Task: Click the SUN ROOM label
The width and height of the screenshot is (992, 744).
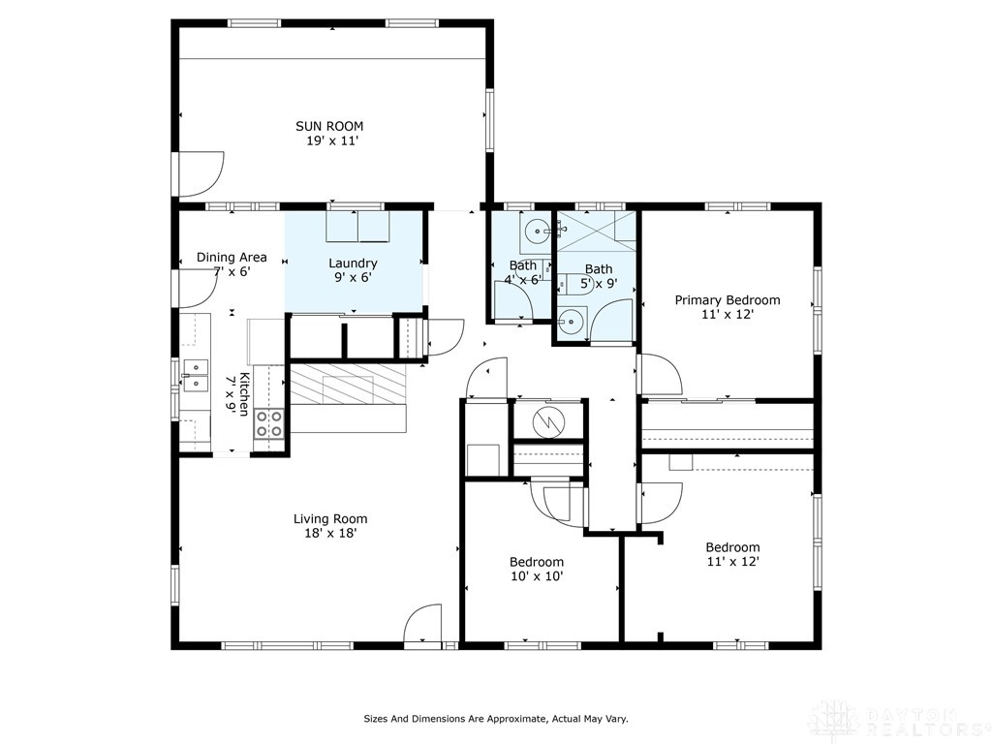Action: pyautogui.click(x=329, y=126)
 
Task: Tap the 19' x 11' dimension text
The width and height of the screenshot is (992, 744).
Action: pyautogui.click(x=332, y=140)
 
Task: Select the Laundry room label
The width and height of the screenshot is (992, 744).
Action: pyautogui.click(x=353, y=263)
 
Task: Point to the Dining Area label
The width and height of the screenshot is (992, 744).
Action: pyautogui.click(x=232, y=257)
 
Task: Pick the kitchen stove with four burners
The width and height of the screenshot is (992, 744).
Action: pyautogui.click(x=269, y=424)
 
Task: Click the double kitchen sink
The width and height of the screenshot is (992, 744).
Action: pyautogui.click(x=195, y=375)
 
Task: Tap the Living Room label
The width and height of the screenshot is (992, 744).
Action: pyautogui.click(x=330, y=519)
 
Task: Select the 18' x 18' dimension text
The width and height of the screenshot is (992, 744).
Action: pyautogui.click(x=331, y=534)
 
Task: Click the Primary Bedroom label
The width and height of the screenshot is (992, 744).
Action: pyautogui.click(x=728, y=300)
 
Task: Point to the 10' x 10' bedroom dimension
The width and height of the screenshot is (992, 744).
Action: pyautogui.click(x=537, y=575)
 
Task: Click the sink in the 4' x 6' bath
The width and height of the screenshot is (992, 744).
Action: pyautogui.click(x=537, y=232)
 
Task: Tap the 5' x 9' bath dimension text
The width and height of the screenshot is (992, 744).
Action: pyautogui.click(x=599, y=284)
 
